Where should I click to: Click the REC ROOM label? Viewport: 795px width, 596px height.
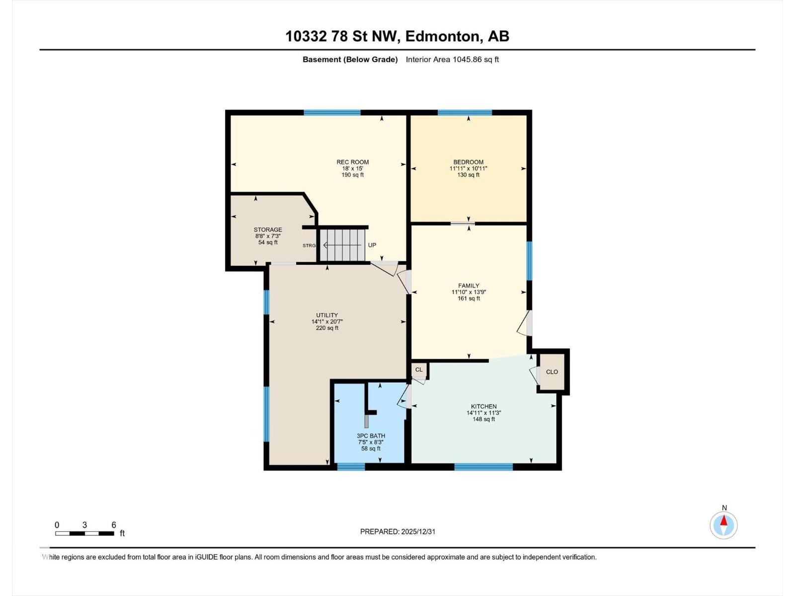pyautogui.click(x=352, y=162)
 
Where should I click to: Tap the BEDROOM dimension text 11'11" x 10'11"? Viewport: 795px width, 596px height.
pyautogui.click(x=468, y=168)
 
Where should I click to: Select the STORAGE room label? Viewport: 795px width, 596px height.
pyautogui.click(x=268, y=229)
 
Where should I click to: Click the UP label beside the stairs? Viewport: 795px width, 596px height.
pyautogui.click(x=372, y=245)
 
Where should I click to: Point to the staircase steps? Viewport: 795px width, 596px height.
pyautogui.click(x=343, y=244)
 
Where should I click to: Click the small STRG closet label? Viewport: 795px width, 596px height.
pyautogui.click(x=309, y=245)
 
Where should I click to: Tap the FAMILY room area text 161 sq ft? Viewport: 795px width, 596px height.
pyautogui.click(x=469, y=298)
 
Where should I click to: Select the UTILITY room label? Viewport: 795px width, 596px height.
pyautogui.click(x=327, y=315)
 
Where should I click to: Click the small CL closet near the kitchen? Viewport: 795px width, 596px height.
pyautogui.click(x=419, y=370)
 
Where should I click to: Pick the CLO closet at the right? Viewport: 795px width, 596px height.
pyautogui.click(x=552, y=372)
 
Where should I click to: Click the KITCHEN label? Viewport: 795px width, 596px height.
pyautogui.click(x=483, y=406)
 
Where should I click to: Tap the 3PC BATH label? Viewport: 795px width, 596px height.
pyautogui.click(x=371, y=436)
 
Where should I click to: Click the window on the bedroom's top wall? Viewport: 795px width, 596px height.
pyautogui.click(x=465, y=113)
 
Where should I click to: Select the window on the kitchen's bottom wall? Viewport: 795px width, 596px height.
pyautogui.click(x=483, y=466)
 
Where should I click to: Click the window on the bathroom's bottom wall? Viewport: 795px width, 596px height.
pyautogui.click(x=351, y=466)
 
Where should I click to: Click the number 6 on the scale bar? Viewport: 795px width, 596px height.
pyautogui.click(x=114, y=525)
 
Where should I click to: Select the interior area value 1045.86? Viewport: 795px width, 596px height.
pyautogui.click(x=469, y=60)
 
